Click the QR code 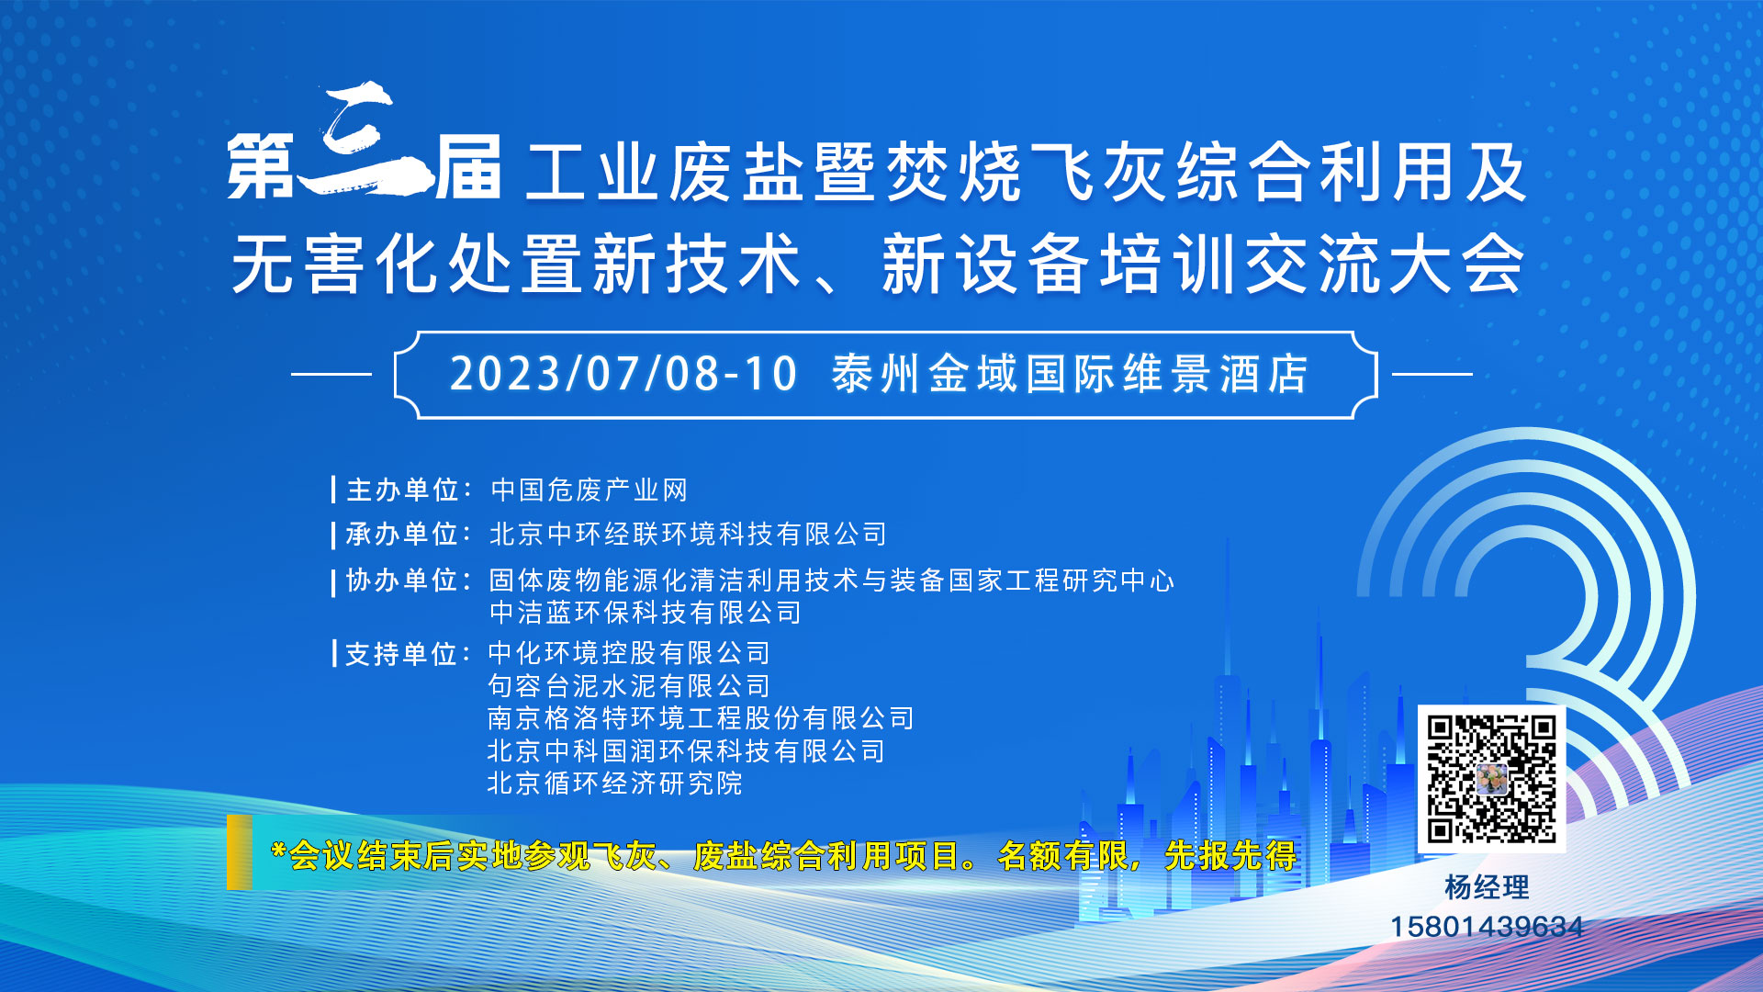(x=1491, y=779)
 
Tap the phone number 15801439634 (x=1487, y=927)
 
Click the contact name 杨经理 (x=1487, y=886)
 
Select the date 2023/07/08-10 (x=623, y=374)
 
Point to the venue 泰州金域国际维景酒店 (x=1071, y=374)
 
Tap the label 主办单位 (x=402, y=490)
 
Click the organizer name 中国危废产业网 (x=590, y=490)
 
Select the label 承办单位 (x=402, y=534)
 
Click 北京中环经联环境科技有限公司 (x=688, y=534)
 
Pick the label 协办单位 (x=402, y=580)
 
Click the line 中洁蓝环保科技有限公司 (x=646, y=612)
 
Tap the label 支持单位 (x=401, y=653)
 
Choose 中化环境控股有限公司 (x=629, y=652)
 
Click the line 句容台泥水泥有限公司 (x=629, y=685)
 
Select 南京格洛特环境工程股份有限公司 (x=701, y=717)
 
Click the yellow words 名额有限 (x=1063, y=856)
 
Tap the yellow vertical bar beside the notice (x=240, y=852)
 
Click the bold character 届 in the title (x=468, y=167)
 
